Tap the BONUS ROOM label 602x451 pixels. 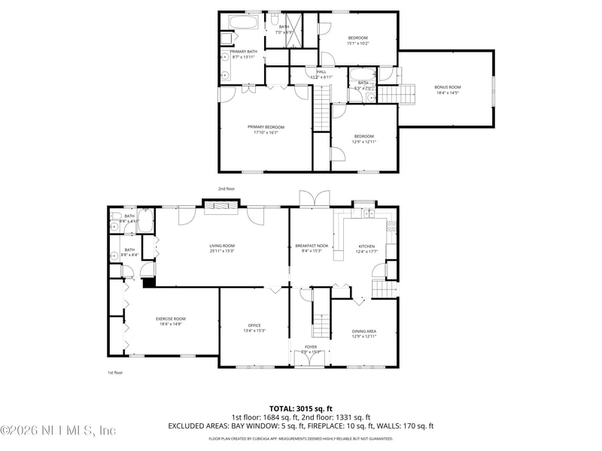447,87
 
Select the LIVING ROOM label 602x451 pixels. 222,246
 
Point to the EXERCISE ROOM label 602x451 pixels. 170,319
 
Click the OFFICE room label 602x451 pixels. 254,325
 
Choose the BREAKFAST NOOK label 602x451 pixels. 312,246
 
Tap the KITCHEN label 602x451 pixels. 366,246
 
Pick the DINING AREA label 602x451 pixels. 364,331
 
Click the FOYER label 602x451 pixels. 310,347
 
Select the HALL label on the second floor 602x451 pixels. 321,71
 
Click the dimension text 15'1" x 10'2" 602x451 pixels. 357,44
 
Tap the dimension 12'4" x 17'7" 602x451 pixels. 366,251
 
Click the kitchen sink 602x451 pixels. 369,214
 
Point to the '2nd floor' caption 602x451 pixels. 227,189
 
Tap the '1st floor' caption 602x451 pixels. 114,372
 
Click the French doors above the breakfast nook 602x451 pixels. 314,199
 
